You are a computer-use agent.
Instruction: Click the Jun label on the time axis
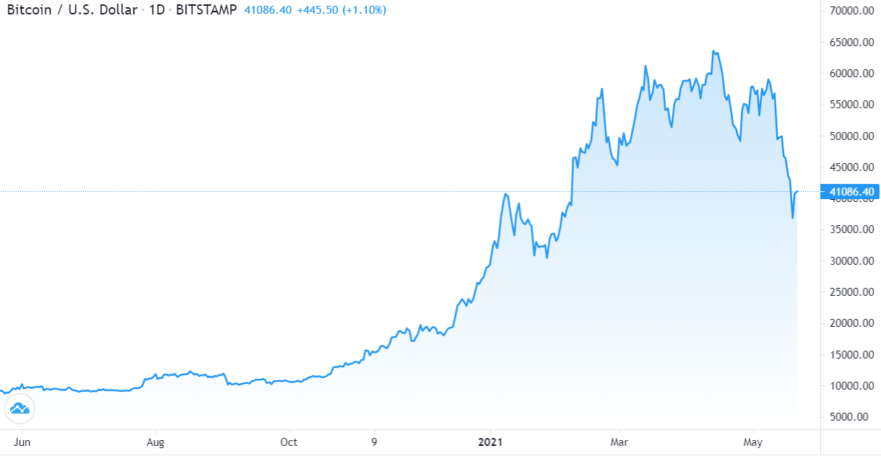(23, 442)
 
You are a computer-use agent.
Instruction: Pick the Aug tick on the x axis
(155, 442)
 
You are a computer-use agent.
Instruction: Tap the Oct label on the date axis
(289, 442)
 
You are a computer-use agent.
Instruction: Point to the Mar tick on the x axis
(619, 442)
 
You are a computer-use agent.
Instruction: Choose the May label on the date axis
(753, 442)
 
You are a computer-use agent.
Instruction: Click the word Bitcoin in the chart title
(28, 11)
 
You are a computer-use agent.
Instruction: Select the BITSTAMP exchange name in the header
(207, 11)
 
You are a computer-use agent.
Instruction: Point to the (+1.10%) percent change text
(364, 11)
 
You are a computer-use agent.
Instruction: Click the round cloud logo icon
(19, 409)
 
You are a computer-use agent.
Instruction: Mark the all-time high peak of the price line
(713, 51)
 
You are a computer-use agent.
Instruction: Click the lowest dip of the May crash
(792, 218)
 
